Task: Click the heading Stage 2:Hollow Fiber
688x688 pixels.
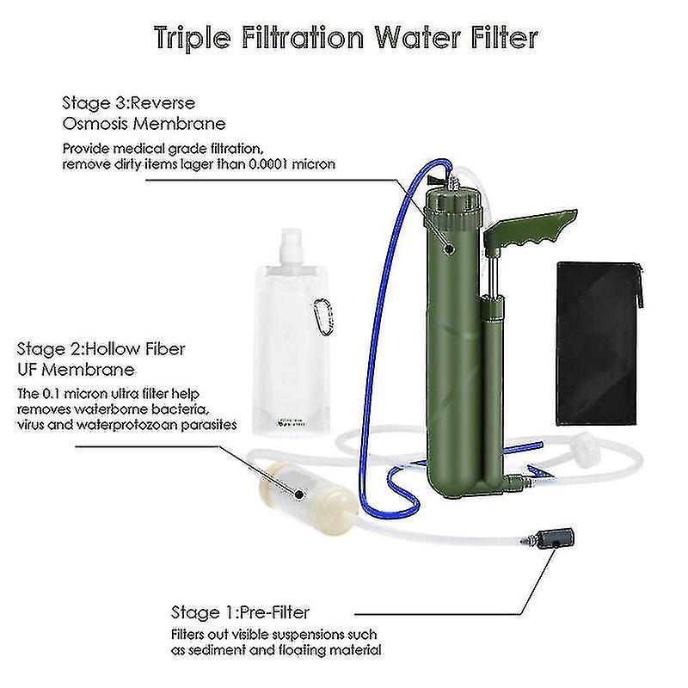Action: [x=101, y=350]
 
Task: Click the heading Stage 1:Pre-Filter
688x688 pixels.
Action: [x=240, y=612]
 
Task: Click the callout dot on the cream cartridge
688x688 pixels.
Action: [x=299, y=494]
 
